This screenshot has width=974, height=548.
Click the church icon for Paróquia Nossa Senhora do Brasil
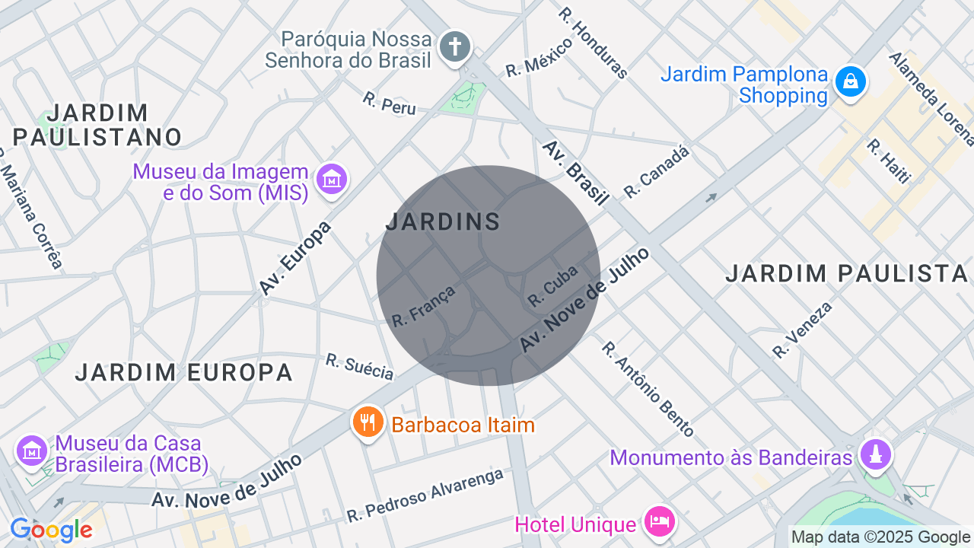click(x=455, y=46)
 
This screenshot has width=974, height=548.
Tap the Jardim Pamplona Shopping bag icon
click(x=850, y=81)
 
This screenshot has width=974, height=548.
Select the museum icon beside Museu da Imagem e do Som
click(x=332, y=180)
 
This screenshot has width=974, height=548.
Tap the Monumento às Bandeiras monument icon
click(x=875, y=455)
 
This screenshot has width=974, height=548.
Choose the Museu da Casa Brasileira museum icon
click(x=32, y=451)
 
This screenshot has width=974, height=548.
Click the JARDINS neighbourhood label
click(x=443, y=222)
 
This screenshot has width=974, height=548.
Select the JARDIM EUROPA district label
click(x=183, y=372)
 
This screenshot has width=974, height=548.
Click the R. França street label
click(x=424, y=306)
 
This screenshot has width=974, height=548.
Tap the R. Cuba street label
click(x=553, y=285)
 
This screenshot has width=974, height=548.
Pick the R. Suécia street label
click(x=360, y=366)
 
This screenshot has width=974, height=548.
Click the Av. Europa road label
click(x=296, y=259)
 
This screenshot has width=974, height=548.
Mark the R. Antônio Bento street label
click(x=648, y=389)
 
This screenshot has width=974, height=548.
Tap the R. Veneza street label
click(x=803, y=330)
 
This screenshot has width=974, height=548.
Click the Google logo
click(x=51, y=530)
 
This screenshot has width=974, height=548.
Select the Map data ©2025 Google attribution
click(x=880, y=537)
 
